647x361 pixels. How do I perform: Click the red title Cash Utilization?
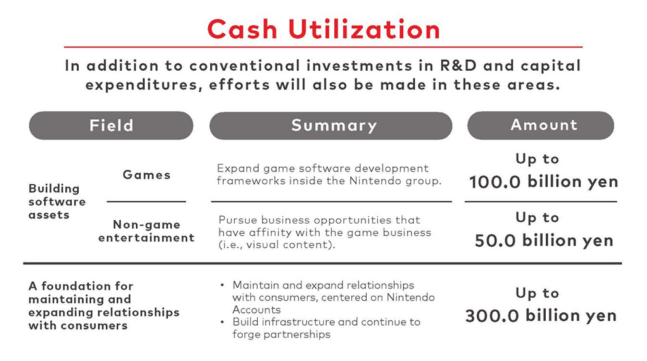pos(324,29)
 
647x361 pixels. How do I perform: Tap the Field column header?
pos(111,126)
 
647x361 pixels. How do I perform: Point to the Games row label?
pos(146,175)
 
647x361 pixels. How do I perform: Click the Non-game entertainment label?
pos(146,231)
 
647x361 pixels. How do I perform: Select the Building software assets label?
pos(57,201)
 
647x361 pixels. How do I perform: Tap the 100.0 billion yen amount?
pos(543,182)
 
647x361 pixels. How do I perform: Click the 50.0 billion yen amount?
pos(544,241)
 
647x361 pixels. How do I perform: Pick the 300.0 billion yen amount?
pos(541,316)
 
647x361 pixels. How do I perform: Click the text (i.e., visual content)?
pos(277,245)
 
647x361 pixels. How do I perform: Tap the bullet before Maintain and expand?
pos(223,285)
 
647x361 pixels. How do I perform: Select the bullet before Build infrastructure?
pos(223,322)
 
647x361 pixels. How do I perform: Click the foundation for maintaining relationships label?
pos(104,306)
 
